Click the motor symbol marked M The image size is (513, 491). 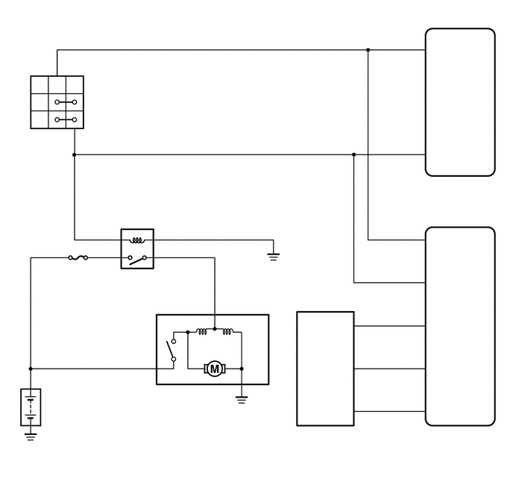click(x=215, y=368)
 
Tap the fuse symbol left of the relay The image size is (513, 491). click(x=78, y=258)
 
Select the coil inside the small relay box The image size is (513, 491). click(x=137, y=240)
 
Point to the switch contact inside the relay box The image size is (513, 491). click(x=137, y=259)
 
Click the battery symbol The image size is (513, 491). click(x=31, y=407)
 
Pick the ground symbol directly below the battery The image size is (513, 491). click(x=31, y=436)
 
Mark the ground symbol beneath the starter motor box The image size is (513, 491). click(x=242, y=399)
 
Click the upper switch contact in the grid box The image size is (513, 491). click(x=66, y=101)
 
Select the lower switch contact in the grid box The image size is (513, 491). click(x=66, y=119)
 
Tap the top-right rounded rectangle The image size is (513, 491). click(x=459, y=102)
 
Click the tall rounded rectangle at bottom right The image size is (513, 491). click(x=459, y=326)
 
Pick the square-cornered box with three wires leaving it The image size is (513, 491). click(x=325, y=369)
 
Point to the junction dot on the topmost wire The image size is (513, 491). click(x=368, y=50)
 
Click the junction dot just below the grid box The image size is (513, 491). click(x=75, y=154)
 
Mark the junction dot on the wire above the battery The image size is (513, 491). click(x=31, y=368)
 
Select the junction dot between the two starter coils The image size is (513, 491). click(x=215, y=328)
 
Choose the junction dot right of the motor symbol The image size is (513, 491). click(x=242, y=368)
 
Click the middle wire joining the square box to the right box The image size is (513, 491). click(x=389, y=369)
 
